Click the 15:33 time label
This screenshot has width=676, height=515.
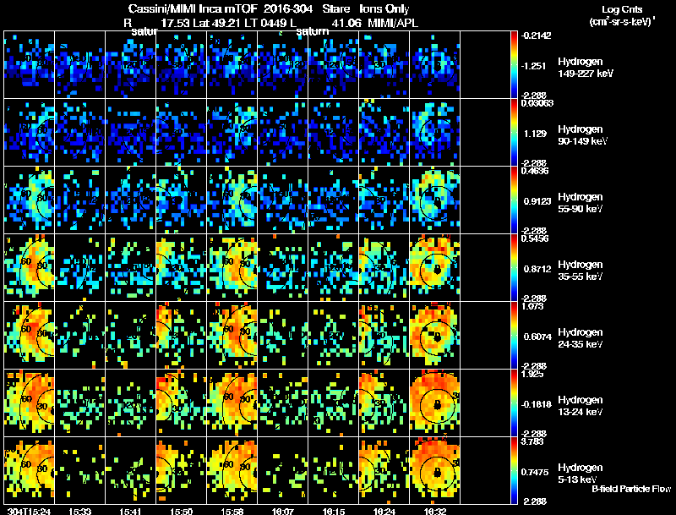82,511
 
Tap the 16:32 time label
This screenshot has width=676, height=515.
435,511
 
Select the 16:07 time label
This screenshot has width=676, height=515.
282,511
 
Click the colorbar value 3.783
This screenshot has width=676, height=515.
537,441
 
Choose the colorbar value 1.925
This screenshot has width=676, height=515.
537,373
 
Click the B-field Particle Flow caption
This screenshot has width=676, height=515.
630,489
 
